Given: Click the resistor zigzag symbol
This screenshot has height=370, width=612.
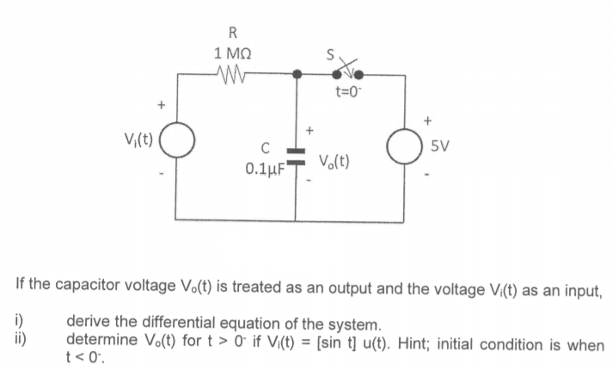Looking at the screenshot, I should (235, 75).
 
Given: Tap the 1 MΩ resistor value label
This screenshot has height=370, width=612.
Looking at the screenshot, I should (234, 52).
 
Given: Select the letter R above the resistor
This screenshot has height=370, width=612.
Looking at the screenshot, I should (234, 34).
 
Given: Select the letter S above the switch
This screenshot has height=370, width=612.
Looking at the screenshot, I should (328, 53).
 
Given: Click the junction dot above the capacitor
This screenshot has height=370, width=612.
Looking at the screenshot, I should (296, 75).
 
